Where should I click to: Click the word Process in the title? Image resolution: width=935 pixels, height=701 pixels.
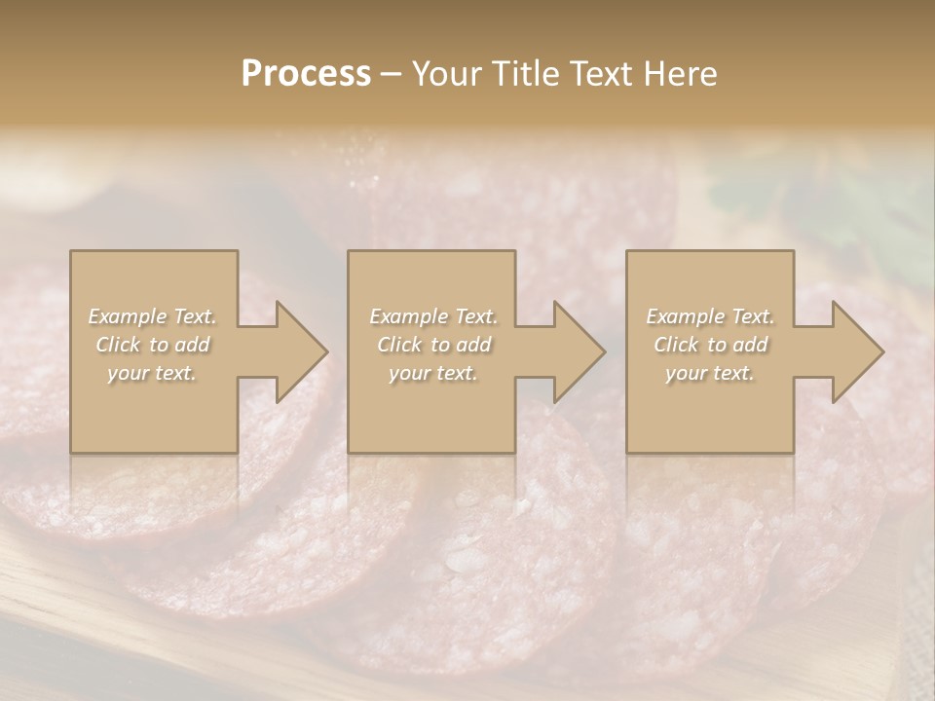point(306,74)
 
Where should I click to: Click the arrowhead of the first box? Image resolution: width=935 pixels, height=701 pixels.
point(297,351)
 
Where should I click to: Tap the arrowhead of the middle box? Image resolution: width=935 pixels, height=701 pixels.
point(576,351)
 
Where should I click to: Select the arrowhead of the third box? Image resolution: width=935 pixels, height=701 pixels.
point(854,351)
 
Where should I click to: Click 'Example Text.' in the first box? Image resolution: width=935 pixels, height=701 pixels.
point(153,316)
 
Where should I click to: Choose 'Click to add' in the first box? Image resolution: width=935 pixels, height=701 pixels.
point(153,345)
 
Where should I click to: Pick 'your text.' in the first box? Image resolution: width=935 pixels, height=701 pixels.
point(153,373)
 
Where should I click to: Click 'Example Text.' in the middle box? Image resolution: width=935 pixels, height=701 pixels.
point(433,316)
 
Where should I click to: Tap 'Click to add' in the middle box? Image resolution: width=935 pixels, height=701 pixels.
point(433,345)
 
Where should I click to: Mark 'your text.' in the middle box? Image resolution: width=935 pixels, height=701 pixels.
point(433,373)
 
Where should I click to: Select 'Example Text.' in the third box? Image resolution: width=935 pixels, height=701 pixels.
point(710,316)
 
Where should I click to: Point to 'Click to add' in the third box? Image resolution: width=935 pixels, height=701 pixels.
point(710,345)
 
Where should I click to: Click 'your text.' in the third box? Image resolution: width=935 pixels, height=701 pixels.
point(710,373)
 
